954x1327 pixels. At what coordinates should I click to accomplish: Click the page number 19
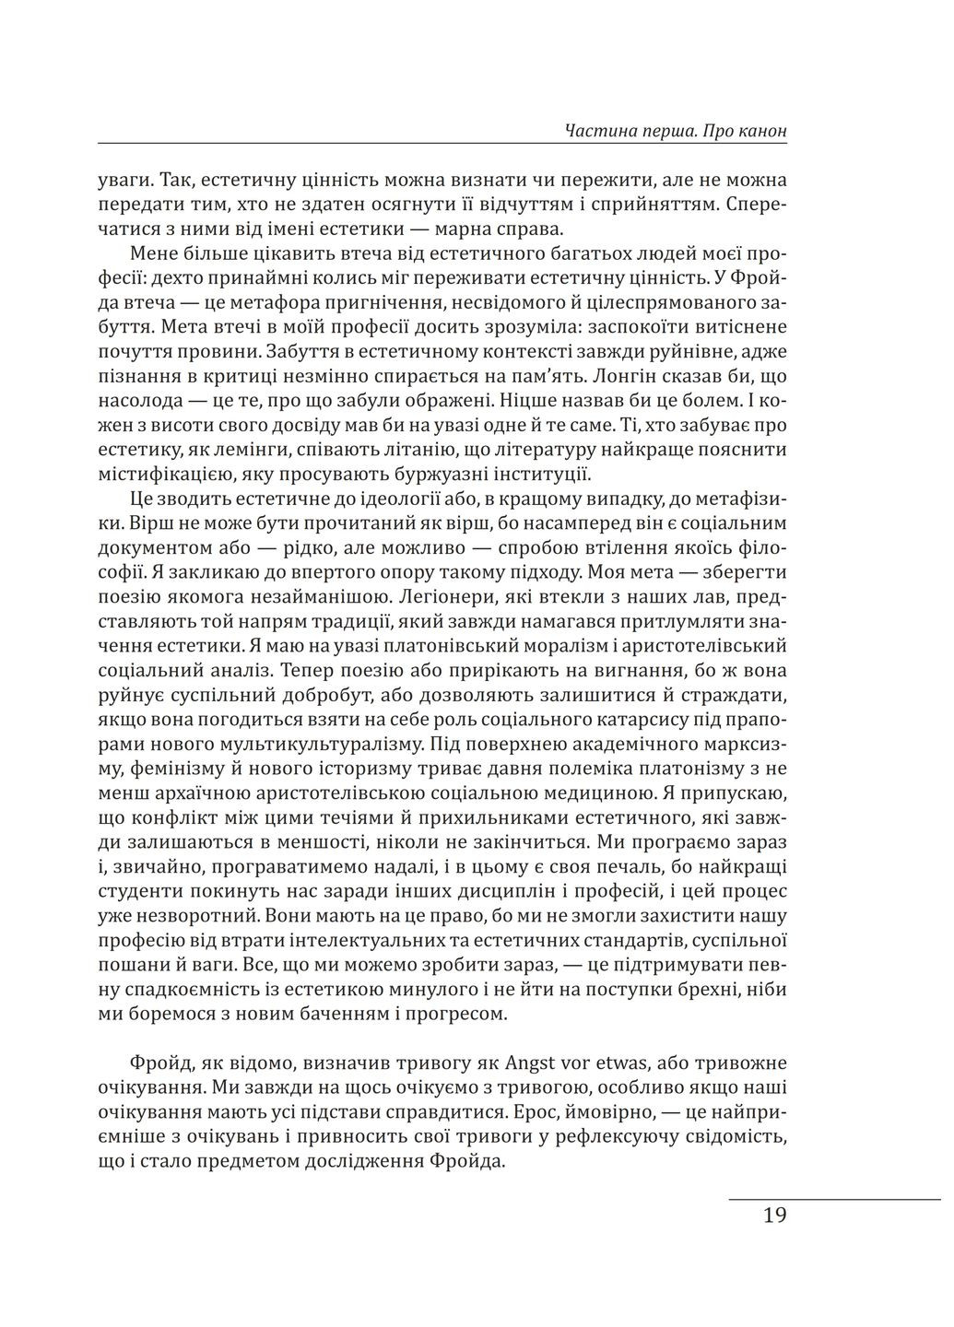[x=774, y=1215]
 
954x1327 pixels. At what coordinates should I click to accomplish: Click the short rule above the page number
[x=834, y=1199]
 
